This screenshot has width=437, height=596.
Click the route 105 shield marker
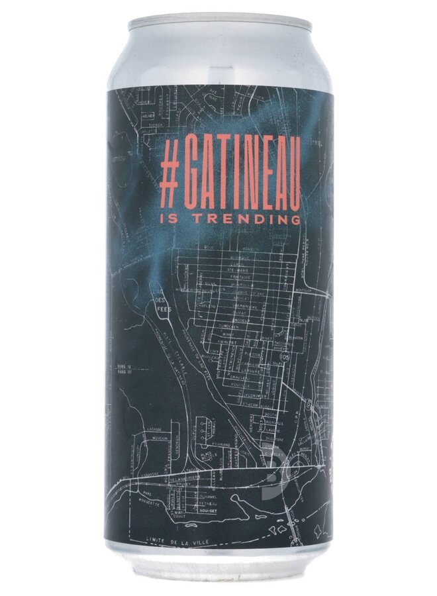(285, 359)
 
